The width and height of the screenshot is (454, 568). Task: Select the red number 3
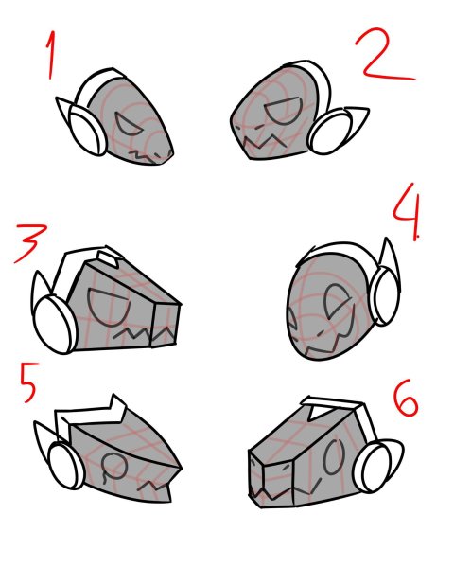pyautogui.click(x=31, y=244)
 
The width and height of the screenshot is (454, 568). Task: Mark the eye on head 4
pyautogui.click(x=334, y=304)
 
